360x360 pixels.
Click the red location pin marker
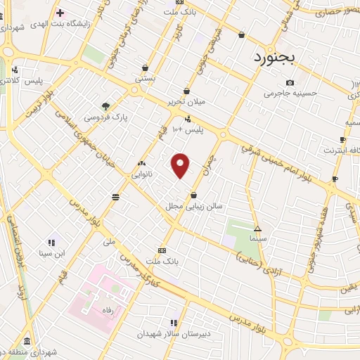click(181, 165)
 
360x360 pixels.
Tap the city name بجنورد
click(277, 57)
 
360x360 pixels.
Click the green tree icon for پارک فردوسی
click(105, 106)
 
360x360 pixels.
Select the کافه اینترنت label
click(340, 150)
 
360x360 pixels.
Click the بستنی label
click(145, 79)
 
